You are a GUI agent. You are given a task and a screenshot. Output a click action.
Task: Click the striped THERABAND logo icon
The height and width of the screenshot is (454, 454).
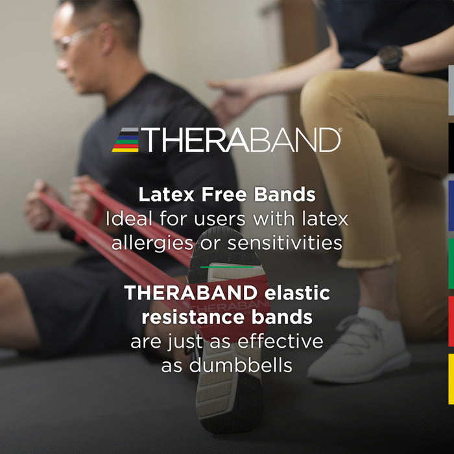pyautogui.click(x=125, y=140)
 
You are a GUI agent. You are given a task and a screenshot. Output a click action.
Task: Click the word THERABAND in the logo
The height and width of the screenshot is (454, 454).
pyautogui.click(x=240, y=140)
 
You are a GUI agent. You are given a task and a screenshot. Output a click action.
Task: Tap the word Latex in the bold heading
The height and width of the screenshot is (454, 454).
pyautogui.click(x=160, y=194)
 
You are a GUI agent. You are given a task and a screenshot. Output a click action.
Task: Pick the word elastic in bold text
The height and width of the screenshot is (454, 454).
pyautogui.click(x=296, y=293)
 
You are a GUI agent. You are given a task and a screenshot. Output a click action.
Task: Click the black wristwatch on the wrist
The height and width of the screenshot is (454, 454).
pyautogui.click(x=390, y=58)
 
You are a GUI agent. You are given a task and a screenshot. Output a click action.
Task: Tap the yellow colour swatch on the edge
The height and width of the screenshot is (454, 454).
pyautogui.click(x=451, y=379)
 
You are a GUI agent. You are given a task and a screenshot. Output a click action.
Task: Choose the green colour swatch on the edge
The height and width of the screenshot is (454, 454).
pyautogui.click(x=451, y=263)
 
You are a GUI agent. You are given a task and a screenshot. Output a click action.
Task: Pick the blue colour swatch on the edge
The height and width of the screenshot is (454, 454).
pyautogui.click(x=451, y=206)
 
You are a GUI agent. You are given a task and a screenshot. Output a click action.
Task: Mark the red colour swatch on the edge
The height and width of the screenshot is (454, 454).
pyautogui.click(x=451, y=321)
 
